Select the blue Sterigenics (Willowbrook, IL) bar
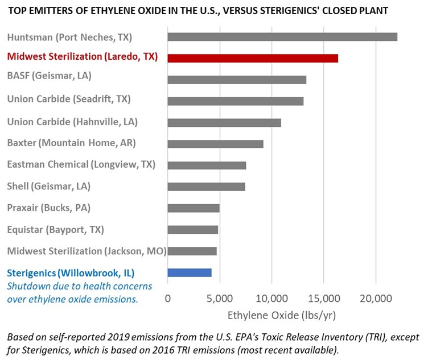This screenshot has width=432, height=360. click(189, 272)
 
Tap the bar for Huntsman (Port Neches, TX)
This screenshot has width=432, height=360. click(282, 37)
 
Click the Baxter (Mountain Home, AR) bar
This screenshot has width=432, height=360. click(215, 144)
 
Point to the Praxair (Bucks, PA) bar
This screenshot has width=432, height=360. click(193, 208)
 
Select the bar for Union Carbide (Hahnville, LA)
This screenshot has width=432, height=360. click(224, 123)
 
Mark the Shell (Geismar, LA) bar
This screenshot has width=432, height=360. click(206, 187)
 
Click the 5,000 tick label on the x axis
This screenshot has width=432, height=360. click(220, 298)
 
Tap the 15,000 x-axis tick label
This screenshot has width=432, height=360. click(323, 298)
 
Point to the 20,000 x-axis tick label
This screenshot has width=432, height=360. click(376, 298)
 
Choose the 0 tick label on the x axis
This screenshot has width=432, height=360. click(168, 298)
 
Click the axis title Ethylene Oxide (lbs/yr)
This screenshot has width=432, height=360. click(271, 315)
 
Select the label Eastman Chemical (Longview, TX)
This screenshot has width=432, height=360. click(81, 165)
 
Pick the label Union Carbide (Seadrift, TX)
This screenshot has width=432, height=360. click(68, 99)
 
